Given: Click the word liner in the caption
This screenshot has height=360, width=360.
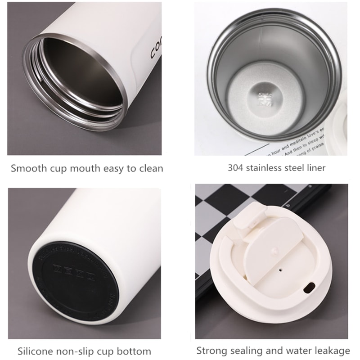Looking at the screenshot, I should tap(315, 168).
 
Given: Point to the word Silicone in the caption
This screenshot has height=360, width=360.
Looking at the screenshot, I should tap(34, 351).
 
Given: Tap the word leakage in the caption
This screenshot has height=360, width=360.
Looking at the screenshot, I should tap(333, 351).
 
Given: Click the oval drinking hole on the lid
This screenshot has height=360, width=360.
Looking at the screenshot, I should tap(310, 287).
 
